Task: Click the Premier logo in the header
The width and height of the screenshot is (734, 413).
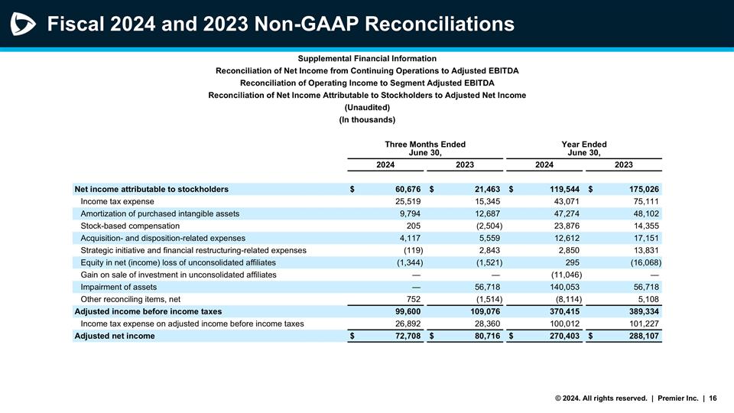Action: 22,24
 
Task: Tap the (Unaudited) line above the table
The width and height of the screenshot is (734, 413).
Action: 367,108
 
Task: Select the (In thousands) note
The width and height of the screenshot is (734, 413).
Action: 367,120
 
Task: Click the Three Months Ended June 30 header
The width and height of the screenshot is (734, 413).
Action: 425,148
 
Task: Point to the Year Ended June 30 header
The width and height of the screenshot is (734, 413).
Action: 584,148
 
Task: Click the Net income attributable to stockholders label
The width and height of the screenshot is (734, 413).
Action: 151,189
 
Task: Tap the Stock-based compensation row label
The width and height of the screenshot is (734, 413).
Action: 130,226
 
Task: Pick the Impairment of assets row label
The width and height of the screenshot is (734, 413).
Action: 119,287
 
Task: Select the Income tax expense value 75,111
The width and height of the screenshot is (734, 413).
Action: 643,201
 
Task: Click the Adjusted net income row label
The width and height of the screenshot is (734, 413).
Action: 114,336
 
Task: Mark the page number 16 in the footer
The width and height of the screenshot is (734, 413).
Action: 713,398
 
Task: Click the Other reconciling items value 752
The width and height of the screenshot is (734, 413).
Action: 411,299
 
